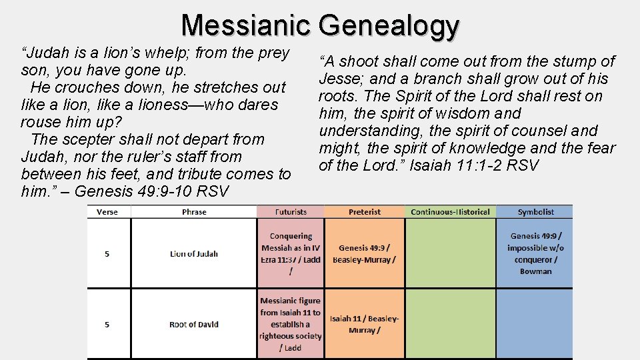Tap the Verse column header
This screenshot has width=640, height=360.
coord(107,212)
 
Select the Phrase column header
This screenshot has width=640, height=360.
coord(194,212)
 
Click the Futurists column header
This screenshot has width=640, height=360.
coord(291,212)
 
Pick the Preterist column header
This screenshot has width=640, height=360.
coord(365,212)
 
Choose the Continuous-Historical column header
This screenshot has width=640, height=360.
coord(450,212)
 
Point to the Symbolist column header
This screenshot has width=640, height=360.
coord(535,212)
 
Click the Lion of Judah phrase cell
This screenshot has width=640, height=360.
coord(194,253)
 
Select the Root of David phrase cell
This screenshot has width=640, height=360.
coord(194,325)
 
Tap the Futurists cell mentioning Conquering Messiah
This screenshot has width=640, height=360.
coord(291,253)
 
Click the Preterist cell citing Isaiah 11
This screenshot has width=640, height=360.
coord(365,325)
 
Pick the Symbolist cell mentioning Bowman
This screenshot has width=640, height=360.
coord(535,253)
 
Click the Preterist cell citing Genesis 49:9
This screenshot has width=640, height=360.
coord(365,253)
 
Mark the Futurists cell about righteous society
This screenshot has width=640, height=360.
coord(291,325)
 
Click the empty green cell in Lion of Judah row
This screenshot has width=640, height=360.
coord(450,253)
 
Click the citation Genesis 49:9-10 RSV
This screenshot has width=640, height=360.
coord(152,192)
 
